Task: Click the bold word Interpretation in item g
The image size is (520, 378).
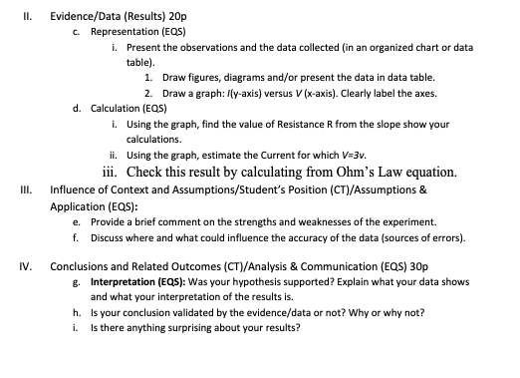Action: coord(123,282)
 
